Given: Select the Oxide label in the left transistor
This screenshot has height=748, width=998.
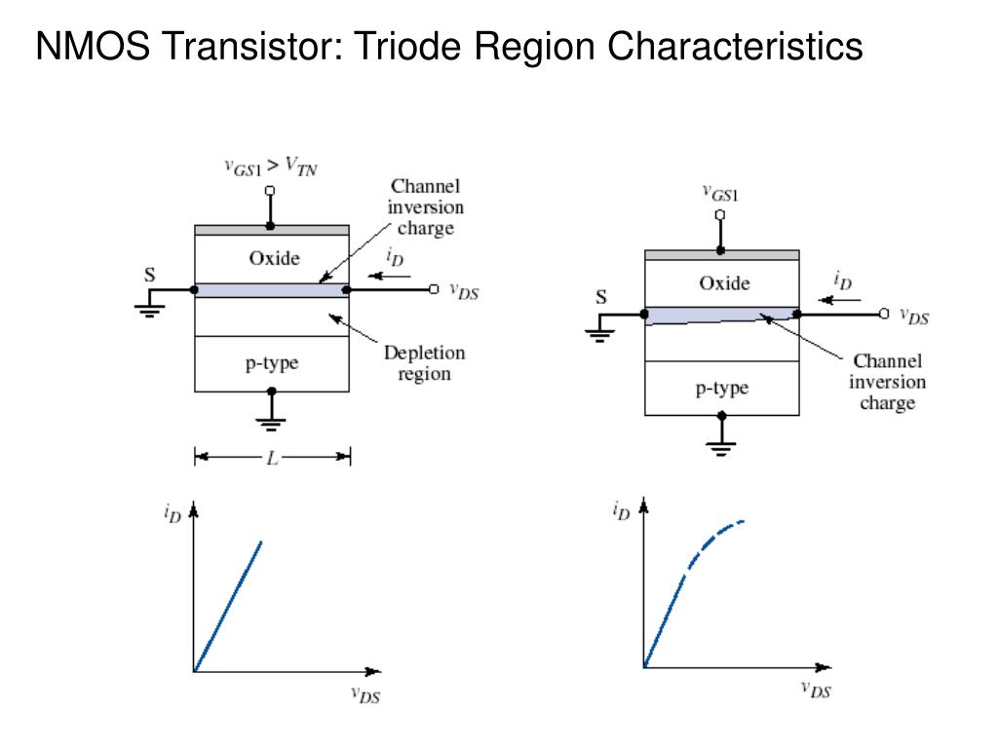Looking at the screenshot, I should (x=274, y=258).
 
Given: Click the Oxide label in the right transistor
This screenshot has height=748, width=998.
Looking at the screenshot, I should (x=724, y=283).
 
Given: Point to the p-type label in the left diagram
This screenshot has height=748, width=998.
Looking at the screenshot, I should (x=271, y=363).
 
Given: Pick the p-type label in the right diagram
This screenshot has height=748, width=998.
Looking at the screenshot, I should (x=721, y=388).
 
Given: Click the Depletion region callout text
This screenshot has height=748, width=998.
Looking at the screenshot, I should (x=424, y=362).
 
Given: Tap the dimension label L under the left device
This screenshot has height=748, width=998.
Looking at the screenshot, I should (x=272, y=456).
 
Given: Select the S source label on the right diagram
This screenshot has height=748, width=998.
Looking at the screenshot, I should (x=600, y=297).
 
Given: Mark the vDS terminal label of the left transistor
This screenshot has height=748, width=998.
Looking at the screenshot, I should (x=464, y=289).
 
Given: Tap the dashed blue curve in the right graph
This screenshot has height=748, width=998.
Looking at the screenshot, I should (x=716, y=539).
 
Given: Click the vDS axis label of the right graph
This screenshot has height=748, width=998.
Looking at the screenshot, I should (x=817, y=690).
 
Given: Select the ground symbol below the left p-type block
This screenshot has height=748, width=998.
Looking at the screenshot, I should (x=272, y=422).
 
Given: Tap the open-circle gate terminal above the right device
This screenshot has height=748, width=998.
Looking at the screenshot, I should (x=721, y=213).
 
